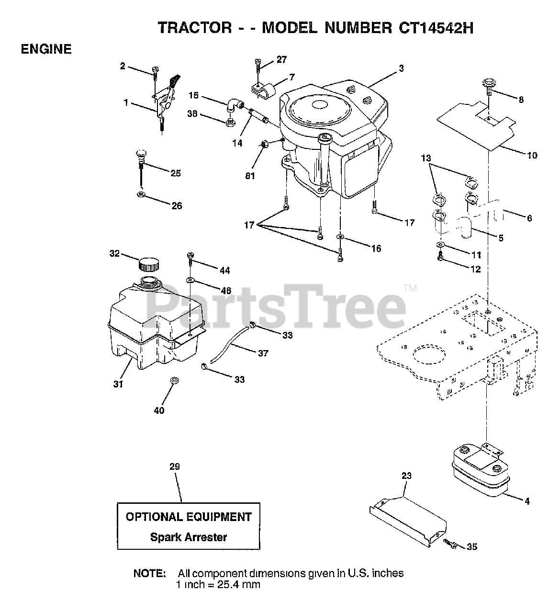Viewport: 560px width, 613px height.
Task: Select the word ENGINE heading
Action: coord(46,49)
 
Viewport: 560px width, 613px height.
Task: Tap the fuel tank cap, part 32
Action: coord(148,264)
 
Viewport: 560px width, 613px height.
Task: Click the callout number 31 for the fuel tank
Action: coord(118,384)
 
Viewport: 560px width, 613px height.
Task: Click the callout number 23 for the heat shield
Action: coord(406,476)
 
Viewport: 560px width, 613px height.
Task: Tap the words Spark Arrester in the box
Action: coord(189,537)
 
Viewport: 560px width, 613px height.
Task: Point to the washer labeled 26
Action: coord(141,195)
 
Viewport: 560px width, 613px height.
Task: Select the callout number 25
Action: coord(176,173)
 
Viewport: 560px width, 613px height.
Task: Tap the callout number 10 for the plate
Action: coord(531,155)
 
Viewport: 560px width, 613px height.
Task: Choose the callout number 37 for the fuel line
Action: coord(263,353)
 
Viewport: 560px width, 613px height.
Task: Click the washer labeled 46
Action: coord(190,279)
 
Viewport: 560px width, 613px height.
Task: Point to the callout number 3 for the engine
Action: coord(401,68)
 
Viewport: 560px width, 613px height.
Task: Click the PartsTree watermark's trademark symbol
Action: coord(410,288)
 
